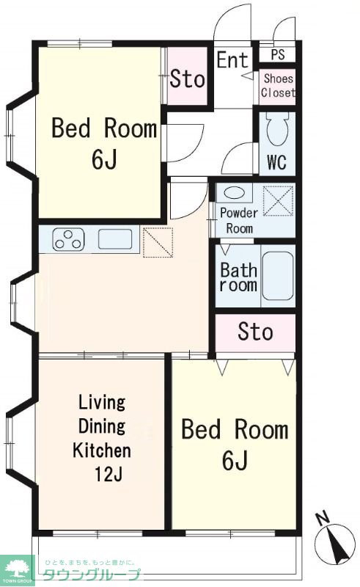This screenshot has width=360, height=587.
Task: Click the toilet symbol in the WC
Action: [x=277, y=129]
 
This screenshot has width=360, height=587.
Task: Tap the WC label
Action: [x=277, y=162]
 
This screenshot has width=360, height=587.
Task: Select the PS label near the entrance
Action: [x=278, y=54]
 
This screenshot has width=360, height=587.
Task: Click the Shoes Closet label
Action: [x=278, y=86]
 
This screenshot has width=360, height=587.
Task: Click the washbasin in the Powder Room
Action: [x=235, y=193]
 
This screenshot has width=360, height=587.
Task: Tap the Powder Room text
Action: [x=239, y=221]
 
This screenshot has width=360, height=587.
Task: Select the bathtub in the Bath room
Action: [x=278, y=276]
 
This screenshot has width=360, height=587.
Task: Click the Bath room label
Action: [x=238, y=277]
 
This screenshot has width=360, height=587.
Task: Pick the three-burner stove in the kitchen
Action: [x=68, y=239]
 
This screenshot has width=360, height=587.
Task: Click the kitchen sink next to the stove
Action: [x=115, y=239]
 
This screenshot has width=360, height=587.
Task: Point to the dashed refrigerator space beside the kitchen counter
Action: [x=158, y=242]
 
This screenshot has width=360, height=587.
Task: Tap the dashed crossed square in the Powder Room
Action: [x=278, y=200]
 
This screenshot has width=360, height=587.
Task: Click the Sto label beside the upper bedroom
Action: [x=188, y=79]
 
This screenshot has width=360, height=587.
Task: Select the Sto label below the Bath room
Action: [x=256, y=332]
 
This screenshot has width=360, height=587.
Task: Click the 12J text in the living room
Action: [x=109, y=475]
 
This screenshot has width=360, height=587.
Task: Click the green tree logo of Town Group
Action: [x=17, y=568]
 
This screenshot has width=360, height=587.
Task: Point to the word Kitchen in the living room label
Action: [x=102, y=451]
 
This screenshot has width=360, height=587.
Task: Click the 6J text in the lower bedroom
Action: [x=235, y=460]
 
